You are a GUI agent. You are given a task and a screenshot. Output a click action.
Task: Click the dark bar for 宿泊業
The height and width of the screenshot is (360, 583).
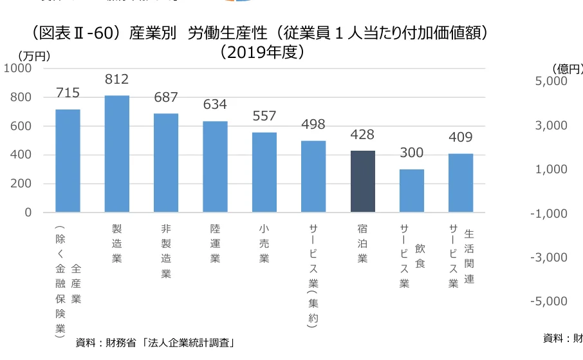click(362, 181)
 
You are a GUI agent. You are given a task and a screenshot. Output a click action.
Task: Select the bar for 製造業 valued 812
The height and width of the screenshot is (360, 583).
click(116, 154)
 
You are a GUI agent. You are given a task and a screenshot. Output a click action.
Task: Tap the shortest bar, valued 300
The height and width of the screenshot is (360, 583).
click(412, 191)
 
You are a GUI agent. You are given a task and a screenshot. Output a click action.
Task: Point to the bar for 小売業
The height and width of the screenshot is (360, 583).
click(264, 172)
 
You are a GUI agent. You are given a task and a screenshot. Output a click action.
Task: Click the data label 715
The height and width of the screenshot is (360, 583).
click(68, 93)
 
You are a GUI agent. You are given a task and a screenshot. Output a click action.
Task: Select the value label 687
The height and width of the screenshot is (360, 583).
click(166, 97)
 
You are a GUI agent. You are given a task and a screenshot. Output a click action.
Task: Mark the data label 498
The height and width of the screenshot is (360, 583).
click(313, 124)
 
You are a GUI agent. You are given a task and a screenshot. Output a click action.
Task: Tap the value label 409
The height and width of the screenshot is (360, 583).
click(460, 137)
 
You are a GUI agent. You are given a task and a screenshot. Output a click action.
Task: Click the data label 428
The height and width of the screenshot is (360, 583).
click(362, 135)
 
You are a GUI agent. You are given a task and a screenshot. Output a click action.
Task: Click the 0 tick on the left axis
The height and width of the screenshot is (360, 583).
click(28, 213)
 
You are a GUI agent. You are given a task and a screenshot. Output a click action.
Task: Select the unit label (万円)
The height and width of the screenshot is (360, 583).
click(34, 57)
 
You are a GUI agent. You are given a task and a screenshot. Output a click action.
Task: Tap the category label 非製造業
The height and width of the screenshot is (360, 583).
click(166, 251)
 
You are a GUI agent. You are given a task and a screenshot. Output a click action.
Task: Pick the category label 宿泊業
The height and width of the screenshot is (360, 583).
click(362, 243)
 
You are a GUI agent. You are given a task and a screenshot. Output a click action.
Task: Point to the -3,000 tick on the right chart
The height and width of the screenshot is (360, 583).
click(548, 258)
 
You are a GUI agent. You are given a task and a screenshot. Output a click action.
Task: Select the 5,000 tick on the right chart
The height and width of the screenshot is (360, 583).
click(551, 82)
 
